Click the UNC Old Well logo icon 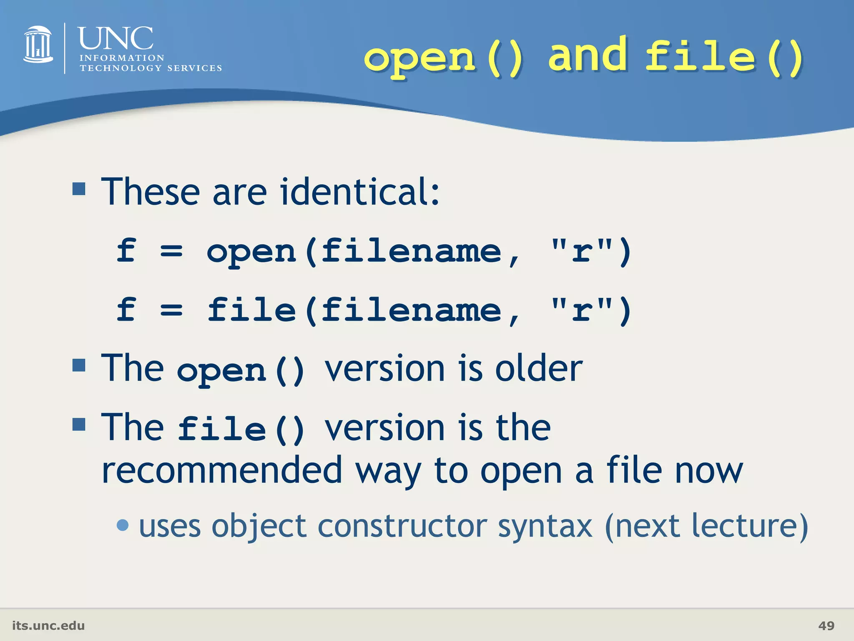point(38,45)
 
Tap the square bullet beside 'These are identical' point(79,189)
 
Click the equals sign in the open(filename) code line point(171,251)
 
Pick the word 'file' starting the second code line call point(251,310)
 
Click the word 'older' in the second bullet point(539,368)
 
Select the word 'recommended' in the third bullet point(222,471)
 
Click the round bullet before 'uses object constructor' point(123,525)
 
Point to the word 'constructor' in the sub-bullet point(402,526)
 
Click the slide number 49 point(826,626)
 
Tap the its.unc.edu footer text point(48,626)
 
